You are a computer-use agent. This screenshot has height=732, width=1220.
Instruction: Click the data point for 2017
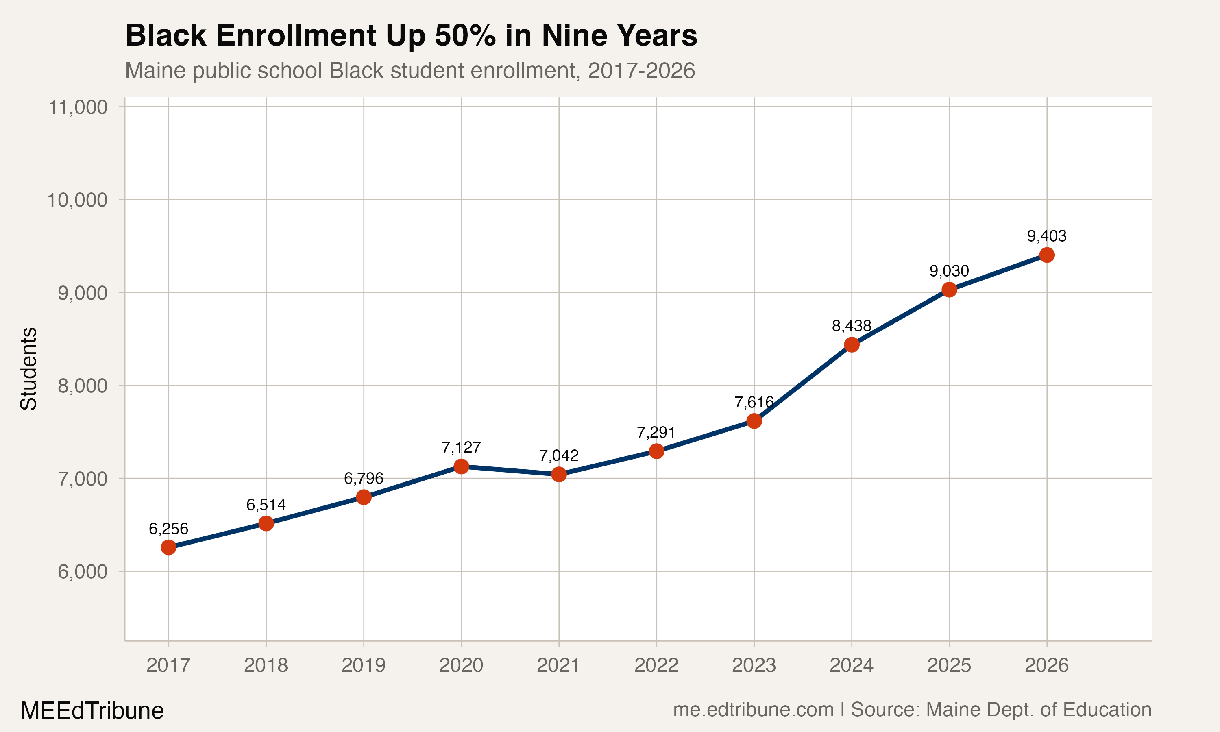tap(169, 547)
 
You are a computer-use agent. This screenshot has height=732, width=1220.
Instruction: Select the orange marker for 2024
tap(852, 345)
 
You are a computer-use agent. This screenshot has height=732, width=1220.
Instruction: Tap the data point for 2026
tap(1046, 255)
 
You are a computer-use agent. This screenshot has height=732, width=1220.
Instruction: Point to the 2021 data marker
tap(559, 475)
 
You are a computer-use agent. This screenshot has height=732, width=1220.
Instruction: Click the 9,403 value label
tap(1046, 236)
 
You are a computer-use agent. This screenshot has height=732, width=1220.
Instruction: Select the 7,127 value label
tap(461, 447)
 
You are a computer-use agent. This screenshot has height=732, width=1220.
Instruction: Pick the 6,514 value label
tap(266, 505)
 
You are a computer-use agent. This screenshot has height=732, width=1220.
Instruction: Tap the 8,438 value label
tap(852, 326)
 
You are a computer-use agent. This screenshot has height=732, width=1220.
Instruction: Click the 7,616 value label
tap(754, 403)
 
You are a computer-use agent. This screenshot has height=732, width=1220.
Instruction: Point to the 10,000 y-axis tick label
tap(77, 200)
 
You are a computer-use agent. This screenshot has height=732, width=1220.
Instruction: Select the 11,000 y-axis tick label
tap(77, 107)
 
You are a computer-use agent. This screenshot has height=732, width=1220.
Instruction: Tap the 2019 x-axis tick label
tap(364, 665)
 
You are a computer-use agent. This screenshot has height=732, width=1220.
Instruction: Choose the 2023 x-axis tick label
tap(754, 665)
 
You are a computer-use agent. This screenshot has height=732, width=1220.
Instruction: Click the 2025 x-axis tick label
tap(949, 665)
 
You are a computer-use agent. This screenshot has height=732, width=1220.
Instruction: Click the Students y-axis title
tap(28, 368)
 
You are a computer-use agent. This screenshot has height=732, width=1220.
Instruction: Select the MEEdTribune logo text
tap(92, 711)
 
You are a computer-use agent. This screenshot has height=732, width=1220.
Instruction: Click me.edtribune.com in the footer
tap(753, 710)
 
